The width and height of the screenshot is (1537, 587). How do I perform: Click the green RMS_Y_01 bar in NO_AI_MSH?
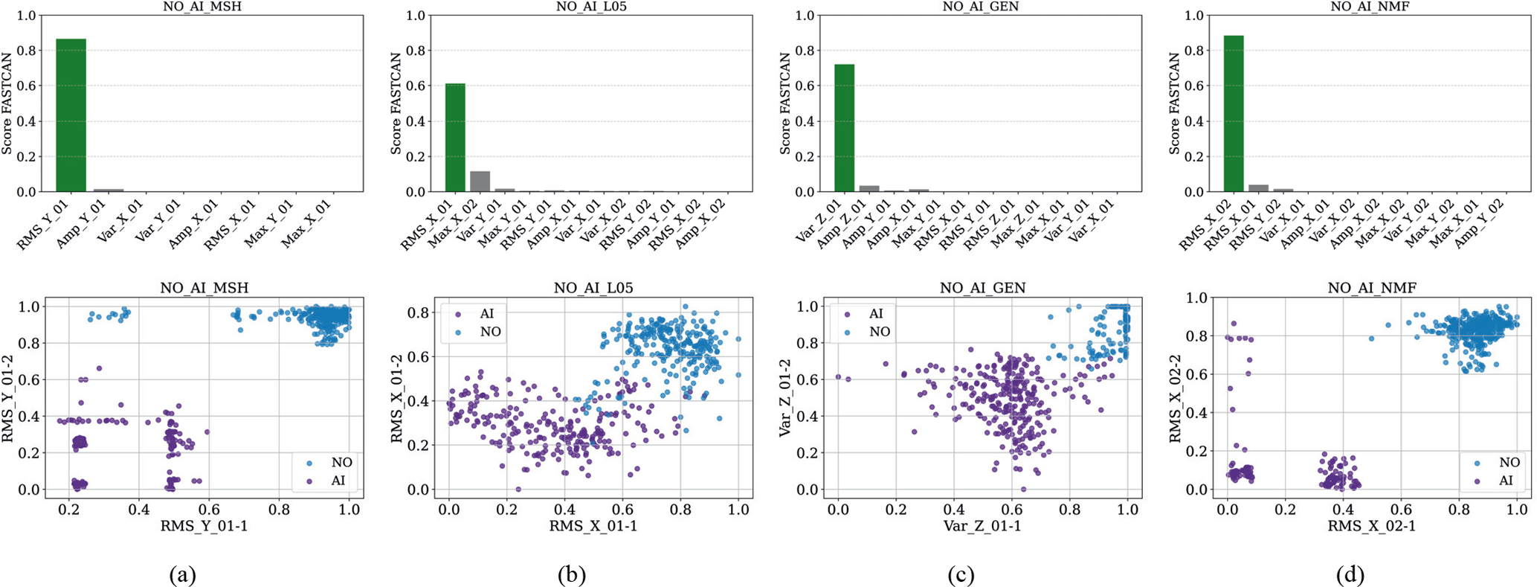[x=71, y=115]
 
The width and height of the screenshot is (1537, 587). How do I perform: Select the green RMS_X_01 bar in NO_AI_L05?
[x=455, y=138]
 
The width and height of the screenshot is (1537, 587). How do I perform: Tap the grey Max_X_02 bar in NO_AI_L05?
[x=480, y=182]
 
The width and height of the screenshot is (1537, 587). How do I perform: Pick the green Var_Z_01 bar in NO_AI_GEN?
[x=844, y=128]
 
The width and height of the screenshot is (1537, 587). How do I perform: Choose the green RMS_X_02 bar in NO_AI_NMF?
[x=1234, y=114]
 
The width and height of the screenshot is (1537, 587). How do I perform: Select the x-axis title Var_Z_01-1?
[x=982, y=526]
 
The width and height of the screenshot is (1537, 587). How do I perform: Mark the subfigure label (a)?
[x=183, y=574]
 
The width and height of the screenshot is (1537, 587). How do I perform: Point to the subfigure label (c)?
[x=961, y=574]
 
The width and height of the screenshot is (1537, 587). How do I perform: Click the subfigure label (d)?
[x=1350, y=574]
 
